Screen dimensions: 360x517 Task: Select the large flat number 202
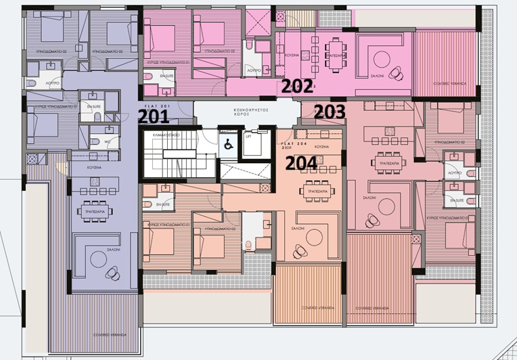pos(297,86)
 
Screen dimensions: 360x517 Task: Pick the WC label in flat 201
pos(107,141)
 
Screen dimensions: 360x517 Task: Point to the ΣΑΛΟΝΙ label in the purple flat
pos(112,250)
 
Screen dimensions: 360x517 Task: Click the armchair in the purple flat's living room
pos(112,273)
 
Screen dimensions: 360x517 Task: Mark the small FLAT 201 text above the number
pos(154,106)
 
